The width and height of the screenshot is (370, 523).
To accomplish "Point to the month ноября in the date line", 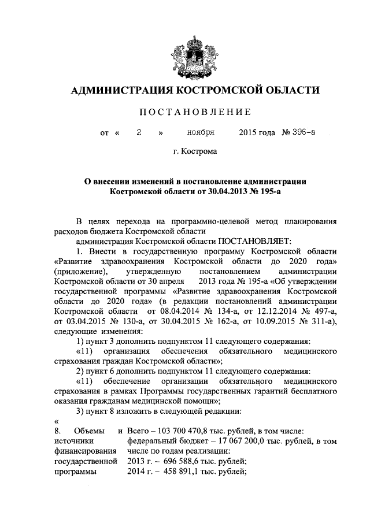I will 201,132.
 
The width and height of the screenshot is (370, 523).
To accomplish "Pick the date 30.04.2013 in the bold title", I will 227,190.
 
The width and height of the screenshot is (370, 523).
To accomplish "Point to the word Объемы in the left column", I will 90,430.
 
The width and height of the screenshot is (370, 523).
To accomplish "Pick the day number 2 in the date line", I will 139,132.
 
